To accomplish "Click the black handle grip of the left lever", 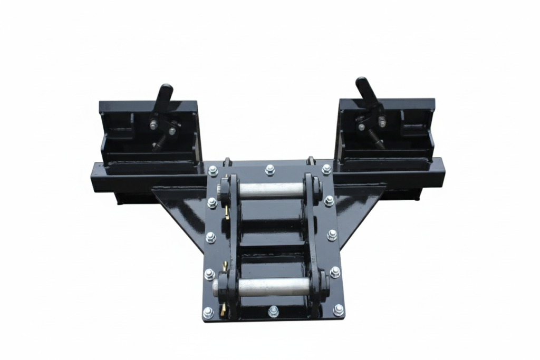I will pos(164,96).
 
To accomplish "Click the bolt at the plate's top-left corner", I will pos(213,171).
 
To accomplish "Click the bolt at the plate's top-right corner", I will pos(327,169).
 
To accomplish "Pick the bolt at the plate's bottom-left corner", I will pos(208,313).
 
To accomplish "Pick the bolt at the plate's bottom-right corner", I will pos(338,310).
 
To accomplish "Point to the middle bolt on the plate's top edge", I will pos(270,170).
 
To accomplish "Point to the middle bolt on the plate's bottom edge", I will pos(273,311).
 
